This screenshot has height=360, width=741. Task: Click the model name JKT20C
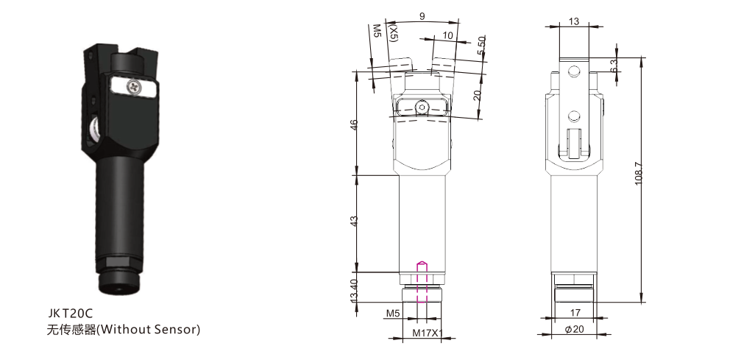point(71,313)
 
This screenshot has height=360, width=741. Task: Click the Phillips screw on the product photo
point(134,87)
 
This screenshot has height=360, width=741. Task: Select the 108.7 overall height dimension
point(639,173)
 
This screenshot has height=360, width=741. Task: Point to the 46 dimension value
point(355,124)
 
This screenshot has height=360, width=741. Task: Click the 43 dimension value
point(355,221)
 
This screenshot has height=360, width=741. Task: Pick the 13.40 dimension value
point(355,291)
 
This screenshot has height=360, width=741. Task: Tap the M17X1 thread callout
point(428,333)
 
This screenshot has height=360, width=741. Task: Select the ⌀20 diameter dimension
point(574,329)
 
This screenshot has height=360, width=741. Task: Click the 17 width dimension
point(575,313)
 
